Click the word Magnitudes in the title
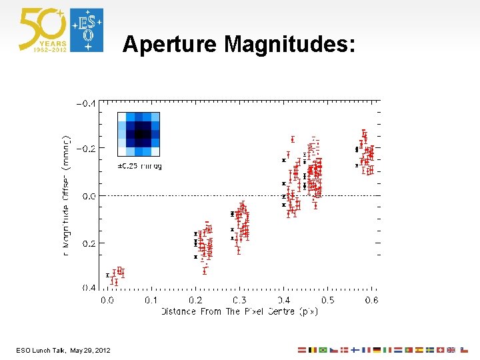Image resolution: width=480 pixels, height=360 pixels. point(290,45)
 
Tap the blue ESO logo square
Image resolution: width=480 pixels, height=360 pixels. point(87,30)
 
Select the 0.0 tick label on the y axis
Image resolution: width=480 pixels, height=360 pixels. point(89,196)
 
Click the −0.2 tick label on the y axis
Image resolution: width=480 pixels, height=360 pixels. point(86,148)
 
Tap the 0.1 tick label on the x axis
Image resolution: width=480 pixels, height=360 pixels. point(151,300)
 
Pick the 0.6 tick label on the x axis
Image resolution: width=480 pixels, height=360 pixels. point(371,300)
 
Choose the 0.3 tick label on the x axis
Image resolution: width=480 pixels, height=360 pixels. point(239,300)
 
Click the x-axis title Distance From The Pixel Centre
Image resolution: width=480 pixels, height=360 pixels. point(239,311)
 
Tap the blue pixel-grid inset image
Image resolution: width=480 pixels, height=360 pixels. point(139,134)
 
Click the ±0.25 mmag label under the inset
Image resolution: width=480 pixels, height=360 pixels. point(139,165)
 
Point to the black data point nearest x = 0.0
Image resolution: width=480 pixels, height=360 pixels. point(108,275)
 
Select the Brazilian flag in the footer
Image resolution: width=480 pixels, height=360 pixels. point(323,349)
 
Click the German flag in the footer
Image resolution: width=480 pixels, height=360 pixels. point(377,349)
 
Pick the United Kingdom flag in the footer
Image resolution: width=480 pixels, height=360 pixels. point(451,349)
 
